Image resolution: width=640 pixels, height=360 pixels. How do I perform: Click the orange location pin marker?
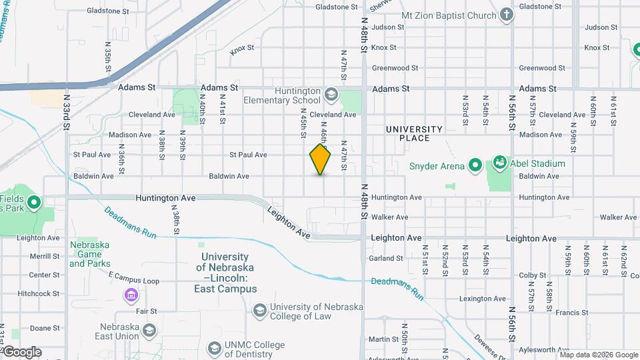(x=321, y=159)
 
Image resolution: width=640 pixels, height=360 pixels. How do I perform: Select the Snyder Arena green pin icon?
(x=475, y=164)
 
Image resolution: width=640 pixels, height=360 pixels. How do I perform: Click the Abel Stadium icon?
(x=499, y=162)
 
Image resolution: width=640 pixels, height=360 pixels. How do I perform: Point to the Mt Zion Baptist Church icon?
(x=507, y=15)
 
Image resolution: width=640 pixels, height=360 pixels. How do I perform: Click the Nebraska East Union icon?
(x=149, y=331)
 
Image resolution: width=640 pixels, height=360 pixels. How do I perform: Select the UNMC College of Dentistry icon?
(x=214, y=348)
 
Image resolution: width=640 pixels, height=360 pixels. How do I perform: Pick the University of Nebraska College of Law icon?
(x=259, y=310)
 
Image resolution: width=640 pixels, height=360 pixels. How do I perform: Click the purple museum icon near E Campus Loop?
(x=131, y=295)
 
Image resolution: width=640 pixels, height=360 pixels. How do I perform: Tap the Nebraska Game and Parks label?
(x=89, y=254)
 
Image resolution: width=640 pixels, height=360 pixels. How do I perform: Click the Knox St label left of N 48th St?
(x=383, y=47)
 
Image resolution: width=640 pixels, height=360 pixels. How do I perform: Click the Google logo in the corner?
(x=21, y=351)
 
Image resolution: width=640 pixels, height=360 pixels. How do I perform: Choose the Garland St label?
(x=387, y=258)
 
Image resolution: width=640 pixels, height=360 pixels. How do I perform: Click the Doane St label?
(x=45, y=328)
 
